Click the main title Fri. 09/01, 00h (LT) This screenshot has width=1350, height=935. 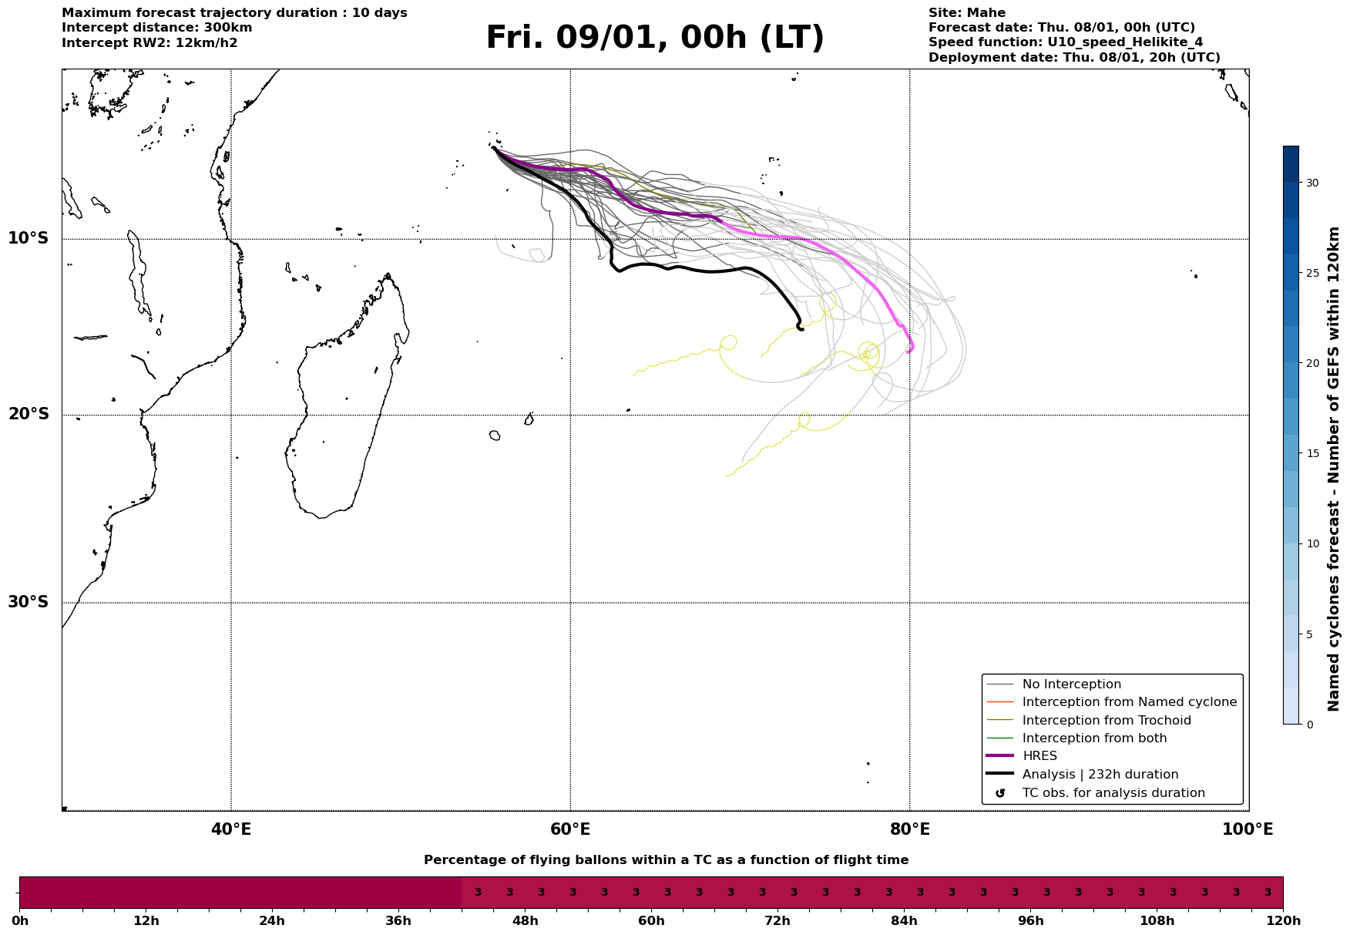point(655,38)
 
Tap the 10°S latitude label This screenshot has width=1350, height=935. point(29,238)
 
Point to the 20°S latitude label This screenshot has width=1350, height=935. point(29,415)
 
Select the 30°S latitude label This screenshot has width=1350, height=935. point(29,602)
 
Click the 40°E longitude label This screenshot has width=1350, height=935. point(231,830)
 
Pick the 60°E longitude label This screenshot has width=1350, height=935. point(570,830)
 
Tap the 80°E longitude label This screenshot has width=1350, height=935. point(910,830)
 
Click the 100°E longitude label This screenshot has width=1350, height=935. point(1248,830)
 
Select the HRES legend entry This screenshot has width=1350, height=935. point(1039,756)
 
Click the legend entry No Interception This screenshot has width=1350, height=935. point(1071,684)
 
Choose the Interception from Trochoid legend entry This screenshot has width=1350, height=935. point(1106,721)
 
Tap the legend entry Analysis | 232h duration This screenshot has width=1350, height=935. point(1100,775)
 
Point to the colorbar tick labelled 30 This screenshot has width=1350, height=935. point(1311,183)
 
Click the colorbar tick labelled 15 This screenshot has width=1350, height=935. point(1311,453)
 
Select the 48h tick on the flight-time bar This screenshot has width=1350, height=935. point(525,920)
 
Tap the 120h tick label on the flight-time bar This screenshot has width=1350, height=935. point(1283,920)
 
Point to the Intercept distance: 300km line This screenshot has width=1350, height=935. point(156,28)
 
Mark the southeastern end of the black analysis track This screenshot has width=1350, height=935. point(803,329)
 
